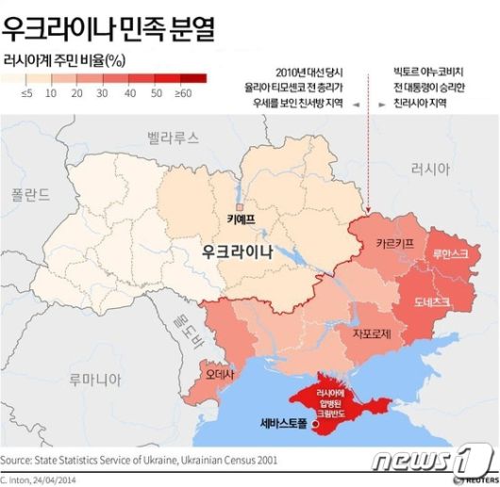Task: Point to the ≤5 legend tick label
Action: coord(26,94)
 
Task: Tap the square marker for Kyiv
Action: coord(240,205)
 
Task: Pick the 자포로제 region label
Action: coord(372,333)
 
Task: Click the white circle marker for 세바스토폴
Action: coord(314,425)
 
